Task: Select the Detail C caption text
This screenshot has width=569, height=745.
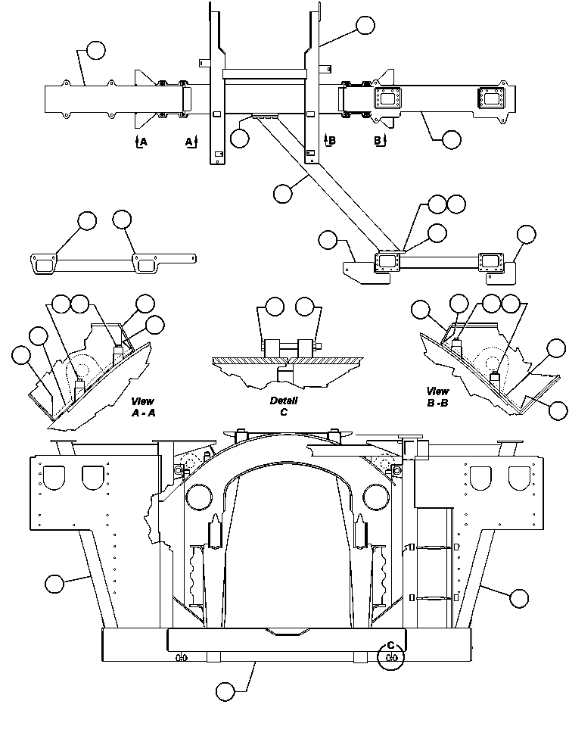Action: (x=284, y=406)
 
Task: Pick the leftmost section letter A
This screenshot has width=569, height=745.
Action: (x=141, y=141)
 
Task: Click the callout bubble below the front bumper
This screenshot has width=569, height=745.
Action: (x=225, y=690)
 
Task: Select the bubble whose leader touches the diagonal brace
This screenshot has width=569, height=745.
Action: (x=282, y=192)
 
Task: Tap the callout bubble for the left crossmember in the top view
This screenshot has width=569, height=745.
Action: (x=95, y=51)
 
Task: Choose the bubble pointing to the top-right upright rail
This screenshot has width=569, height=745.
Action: (x=365, y=25)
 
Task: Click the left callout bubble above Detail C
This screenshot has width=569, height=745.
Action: (x=275, y=307)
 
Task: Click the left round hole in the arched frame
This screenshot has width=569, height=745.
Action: (x=197, y=495)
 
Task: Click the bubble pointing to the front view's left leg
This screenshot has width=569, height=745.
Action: (x=54, y=584)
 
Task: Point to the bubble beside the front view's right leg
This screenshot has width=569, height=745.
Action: (x=518, y=598)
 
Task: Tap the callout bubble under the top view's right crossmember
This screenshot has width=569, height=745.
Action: (x=451, y=139)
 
